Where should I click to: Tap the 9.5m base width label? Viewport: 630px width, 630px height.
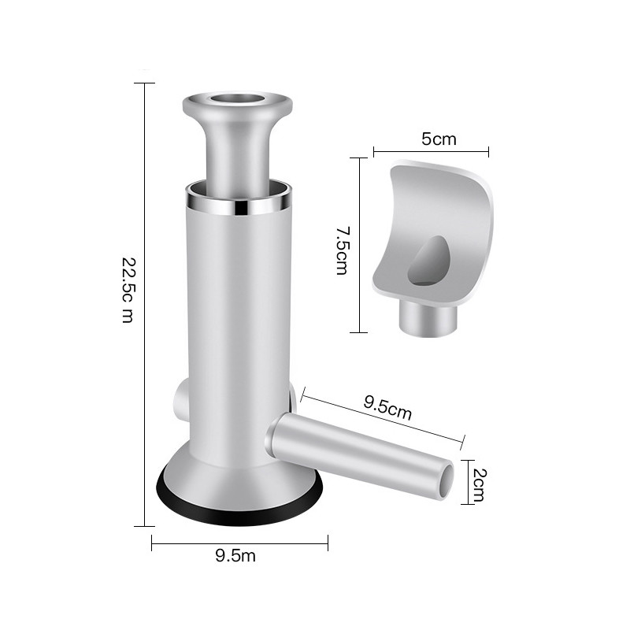pos(235,556)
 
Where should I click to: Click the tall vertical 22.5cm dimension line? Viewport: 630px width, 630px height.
pos(144,303)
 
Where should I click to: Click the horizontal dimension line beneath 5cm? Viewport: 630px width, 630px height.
pos(431,151)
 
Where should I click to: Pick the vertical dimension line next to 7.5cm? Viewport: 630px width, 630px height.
pos(359,245)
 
